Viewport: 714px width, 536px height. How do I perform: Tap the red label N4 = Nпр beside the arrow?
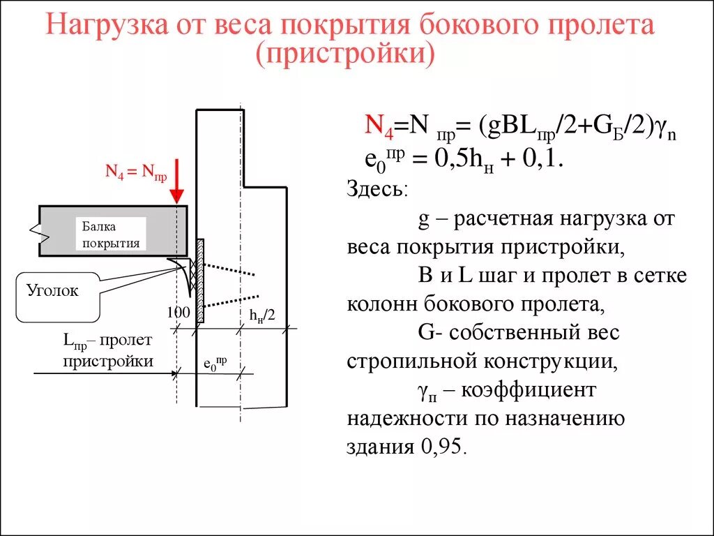click(136, 172)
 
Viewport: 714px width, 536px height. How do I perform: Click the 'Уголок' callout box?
click(52, 291)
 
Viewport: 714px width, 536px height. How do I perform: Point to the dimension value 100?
click(178, 313)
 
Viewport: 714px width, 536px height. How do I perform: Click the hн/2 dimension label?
click(263, 315)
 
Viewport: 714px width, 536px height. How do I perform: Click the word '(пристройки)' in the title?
click(346, 54)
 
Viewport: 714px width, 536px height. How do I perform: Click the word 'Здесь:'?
click(379, 190)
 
